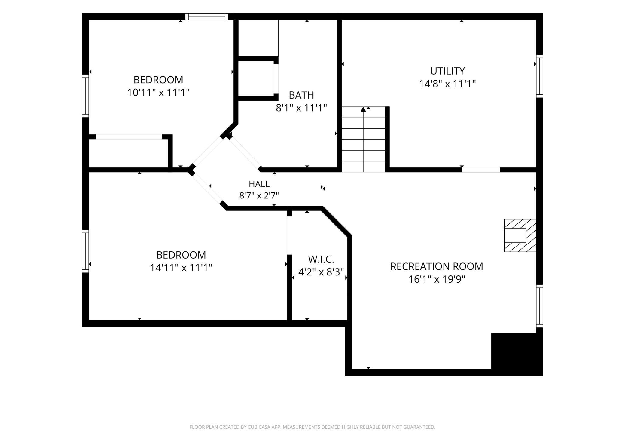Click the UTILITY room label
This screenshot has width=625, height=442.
click(447, 71)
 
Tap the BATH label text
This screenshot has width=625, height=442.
click(301, 95)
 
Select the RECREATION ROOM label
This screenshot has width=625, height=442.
click(437, 266)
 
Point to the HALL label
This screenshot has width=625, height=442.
click(259, 184)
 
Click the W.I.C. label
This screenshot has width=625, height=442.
click(321, 259)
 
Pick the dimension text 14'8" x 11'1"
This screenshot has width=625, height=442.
click(447, 84)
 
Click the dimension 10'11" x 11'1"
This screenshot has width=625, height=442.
click(158, 92)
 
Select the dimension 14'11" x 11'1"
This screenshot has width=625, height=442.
click(181, 267)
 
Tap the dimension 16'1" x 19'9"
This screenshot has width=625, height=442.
click(437, 279)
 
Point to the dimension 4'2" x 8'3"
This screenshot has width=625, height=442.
click(321, 272)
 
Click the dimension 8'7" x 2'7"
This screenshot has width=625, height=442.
click(259, 195)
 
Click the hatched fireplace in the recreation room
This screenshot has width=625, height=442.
click(520, 235)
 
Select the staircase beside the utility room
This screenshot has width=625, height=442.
click(363, 139)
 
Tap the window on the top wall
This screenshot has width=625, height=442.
click(207, 17)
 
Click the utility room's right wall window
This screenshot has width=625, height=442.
click(540, 76)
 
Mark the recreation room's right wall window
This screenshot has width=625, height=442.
click(540, 306)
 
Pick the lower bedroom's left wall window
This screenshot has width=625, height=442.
click(86, 251)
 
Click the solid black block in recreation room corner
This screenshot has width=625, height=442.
click(517, 354)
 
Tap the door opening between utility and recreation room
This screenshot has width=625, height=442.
click(481, 170)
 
